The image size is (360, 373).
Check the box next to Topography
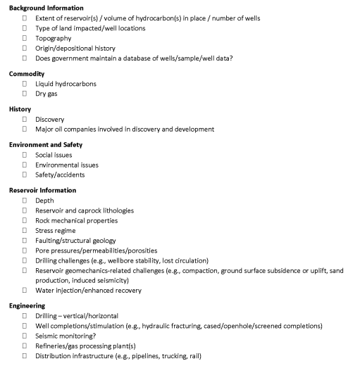click(25, 38)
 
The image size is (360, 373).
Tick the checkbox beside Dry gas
click(25, 94)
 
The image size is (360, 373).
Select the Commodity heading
click(27, 74)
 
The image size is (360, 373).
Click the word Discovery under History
click(49, 119)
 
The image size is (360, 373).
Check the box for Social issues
click(25, 155)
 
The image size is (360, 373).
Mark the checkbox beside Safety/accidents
click(25, 175)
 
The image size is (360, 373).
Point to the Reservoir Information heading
click(42, 190)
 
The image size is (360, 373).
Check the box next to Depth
click(25, 201)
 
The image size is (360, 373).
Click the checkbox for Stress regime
click(25, 230)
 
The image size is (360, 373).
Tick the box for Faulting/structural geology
click(25, 240)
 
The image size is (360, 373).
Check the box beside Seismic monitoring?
click(25, 336)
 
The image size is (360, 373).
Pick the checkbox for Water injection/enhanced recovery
click(25, 290)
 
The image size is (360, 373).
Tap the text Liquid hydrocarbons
click(66, 84)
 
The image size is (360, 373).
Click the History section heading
click(20, 109)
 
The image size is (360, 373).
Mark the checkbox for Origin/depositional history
click(25, 48)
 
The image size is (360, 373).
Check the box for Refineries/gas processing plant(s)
click(25, 346)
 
